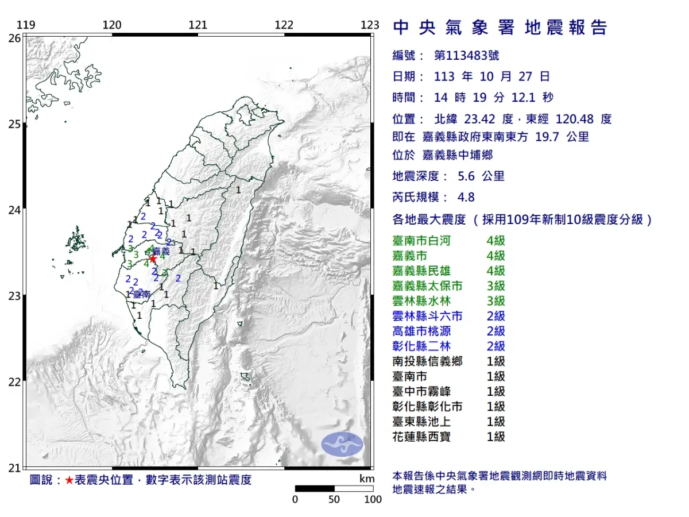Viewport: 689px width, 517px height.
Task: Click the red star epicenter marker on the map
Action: click(153, 258)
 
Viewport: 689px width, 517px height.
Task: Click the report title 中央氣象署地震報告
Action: click(500, 28)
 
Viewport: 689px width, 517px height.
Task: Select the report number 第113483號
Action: click(466, 56)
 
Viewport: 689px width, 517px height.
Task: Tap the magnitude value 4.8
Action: click(466, 197)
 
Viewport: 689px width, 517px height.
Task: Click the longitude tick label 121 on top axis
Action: click(198, 25)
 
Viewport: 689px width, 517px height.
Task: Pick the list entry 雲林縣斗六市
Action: click(428, 316)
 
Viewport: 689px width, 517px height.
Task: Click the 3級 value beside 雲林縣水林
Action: click(496, 301)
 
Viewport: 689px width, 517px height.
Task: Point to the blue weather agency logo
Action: click(342, 443)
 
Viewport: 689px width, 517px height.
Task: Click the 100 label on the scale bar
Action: click(373, 499)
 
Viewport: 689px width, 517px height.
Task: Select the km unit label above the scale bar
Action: click(367, 479)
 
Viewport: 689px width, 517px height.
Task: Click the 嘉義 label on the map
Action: click(161, 251)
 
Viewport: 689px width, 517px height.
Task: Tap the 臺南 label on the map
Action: click(141, 294)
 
